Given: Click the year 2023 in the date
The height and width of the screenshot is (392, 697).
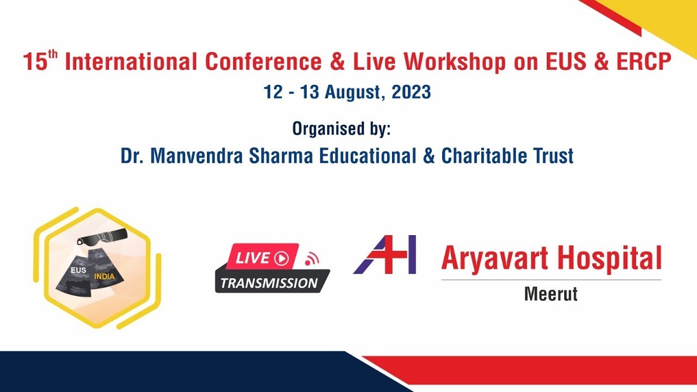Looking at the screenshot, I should (x=410, y=92).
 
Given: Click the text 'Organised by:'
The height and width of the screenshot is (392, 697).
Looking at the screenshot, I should (x=341, y=129).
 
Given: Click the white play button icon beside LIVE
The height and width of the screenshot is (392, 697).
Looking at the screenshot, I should (x=282, y=258).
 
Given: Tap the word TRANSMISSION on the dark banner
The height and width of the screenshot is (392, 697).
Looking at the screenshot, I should (x=269, y=283).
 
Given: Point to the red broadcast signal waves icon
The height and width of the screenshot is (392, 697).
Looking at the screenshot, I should (x=311, y=259).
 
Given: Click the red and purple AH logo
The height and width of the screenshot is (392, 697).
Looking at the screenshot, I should (x=385, y=254).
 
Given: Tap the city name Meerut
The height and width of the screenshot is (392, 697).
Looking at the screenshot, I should (x=551, y=294).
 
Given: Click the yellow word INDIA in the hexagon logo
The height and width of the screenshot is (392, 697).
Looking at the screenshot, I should (x=105, y=277).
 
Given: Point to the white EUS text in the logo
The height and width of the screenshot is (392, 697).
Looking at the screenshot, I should (x=78, y=270).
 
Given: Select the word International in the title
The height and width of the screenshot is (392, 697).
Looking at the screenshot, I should (x=131, y=63).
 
